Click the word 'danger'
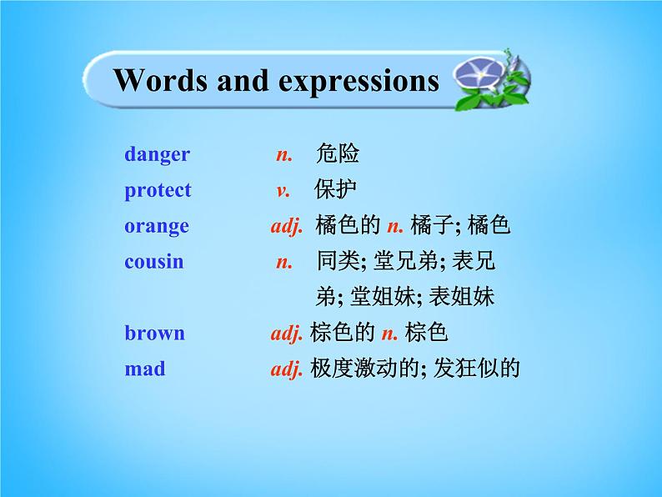coord(157,154)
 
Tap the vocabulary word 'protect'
coord(158,190)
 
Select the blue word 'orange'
coord(157,226)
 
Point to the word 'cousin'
coord(153,261)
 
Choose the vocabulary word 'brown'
coord(154,333)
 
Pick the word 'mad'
coord(144,369)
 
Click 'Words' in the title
coord(160,81)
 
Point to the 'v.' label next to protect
coord(283,190)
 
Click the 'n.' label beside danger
coord(284,154)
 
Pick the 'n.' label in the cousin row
coord(284,261)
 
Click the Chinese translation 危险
coord(338,154)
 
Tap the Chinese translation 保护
coord(335,190)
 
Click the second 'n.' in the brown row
coord(389,333)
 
